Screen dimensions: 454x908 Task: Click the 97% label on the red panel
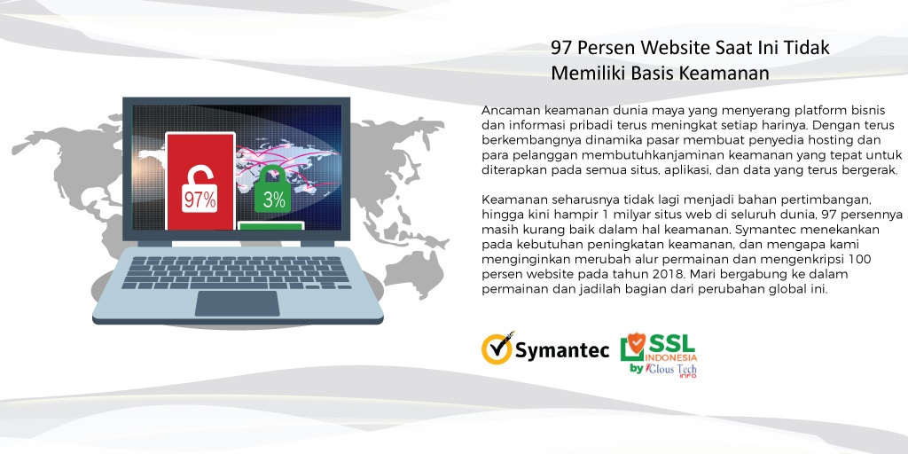(x=200, y=200)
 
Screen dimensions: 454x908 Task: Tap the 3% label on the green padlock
(x=274, y=200)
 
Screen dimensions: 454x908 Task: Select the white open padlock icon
(x=199, y=168)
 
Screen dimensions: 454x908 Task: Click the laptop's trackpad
(x=237, y=302)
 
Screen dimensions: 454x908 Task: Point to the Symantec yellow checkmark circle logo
(x=497, y=348)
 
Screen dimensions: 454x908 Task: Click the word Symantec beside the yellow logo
(x=562, y=350)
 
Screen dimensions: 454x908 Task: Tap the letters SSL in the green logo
(x=674, y=341)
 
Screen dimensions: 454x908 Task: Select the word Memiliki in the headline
(x=586, y=73)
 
